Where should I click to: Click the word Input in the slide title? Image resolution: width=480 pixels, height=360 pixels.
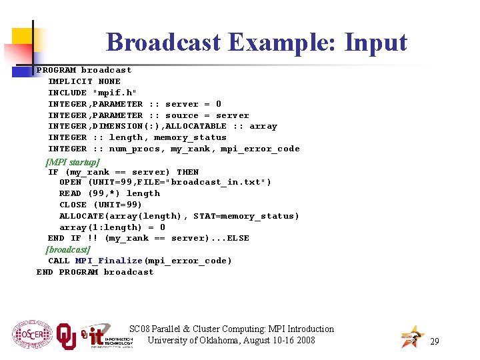(x=375, y=42)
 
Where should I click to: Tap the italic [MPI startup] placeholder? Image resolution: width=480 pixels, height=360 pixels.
(x=72, y=161)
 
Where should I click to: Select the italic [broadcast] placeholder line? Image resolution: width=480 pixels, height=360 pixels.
(x=67, y=249)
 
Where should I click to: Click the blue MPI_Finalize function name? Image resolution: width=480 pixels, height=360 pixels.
(x=109, y=261)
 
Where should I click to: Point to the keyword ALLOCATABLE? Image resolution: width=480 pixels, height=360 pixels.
(x=195, y=126)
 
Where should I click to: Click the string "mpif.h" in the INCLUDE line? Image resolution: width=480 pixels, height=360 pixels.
(x=115, y=93)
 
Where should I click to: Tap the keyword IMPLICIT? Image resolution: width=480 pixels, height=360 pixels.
(x=70, y=81)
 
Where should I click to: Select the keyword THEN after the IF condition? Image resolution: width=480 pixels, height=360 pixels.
(x=187, y=171)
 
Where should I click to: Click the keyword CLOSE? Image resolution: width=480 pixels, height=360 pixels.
(x=73, y=205)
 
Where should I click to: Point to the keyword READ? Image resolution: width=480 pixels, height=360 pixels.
(x=70, y=193)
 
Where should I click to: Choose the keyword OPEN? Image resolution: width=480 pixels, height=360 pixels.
(x=70, y=182)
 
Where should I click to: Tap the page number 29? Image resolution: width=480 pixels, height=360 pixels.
(x=435, y=341)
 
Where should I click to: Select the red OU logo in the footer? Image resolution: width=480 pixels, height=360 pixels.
(x=66, y=336)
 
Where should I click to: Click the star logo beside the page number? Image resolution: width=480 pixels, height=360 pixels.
(x=411, y=337)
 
